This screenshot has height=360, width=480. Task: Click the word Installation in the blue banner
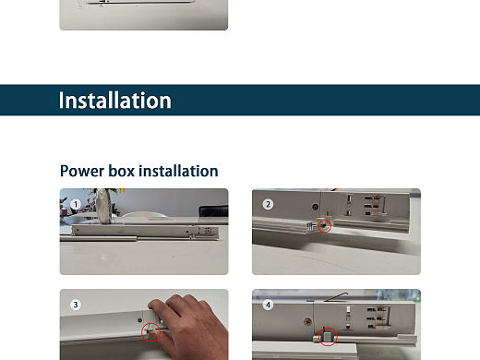point(114,101)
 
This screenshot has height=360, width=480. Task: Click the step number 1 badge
point(76,204)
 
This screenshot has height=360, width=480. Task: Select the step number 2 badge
point(268,204)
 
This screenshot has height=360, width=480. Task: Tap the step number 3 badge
point(76,305)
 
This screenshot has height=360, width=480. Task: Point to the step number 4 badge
point(268,305)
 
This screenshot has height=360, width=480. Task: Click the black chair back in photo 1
point(213,210)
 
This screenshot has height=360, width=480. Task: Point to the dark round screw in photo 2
point(315,207)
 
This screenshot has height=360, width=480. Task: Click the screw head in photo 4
point(307,322)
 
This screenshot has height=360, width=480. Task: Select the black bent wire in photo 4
point(336,296)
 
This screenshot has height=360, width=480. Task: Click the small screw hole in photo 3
point(139,320)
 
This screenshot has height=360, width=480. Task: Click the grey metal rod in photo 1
point(99,238)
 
